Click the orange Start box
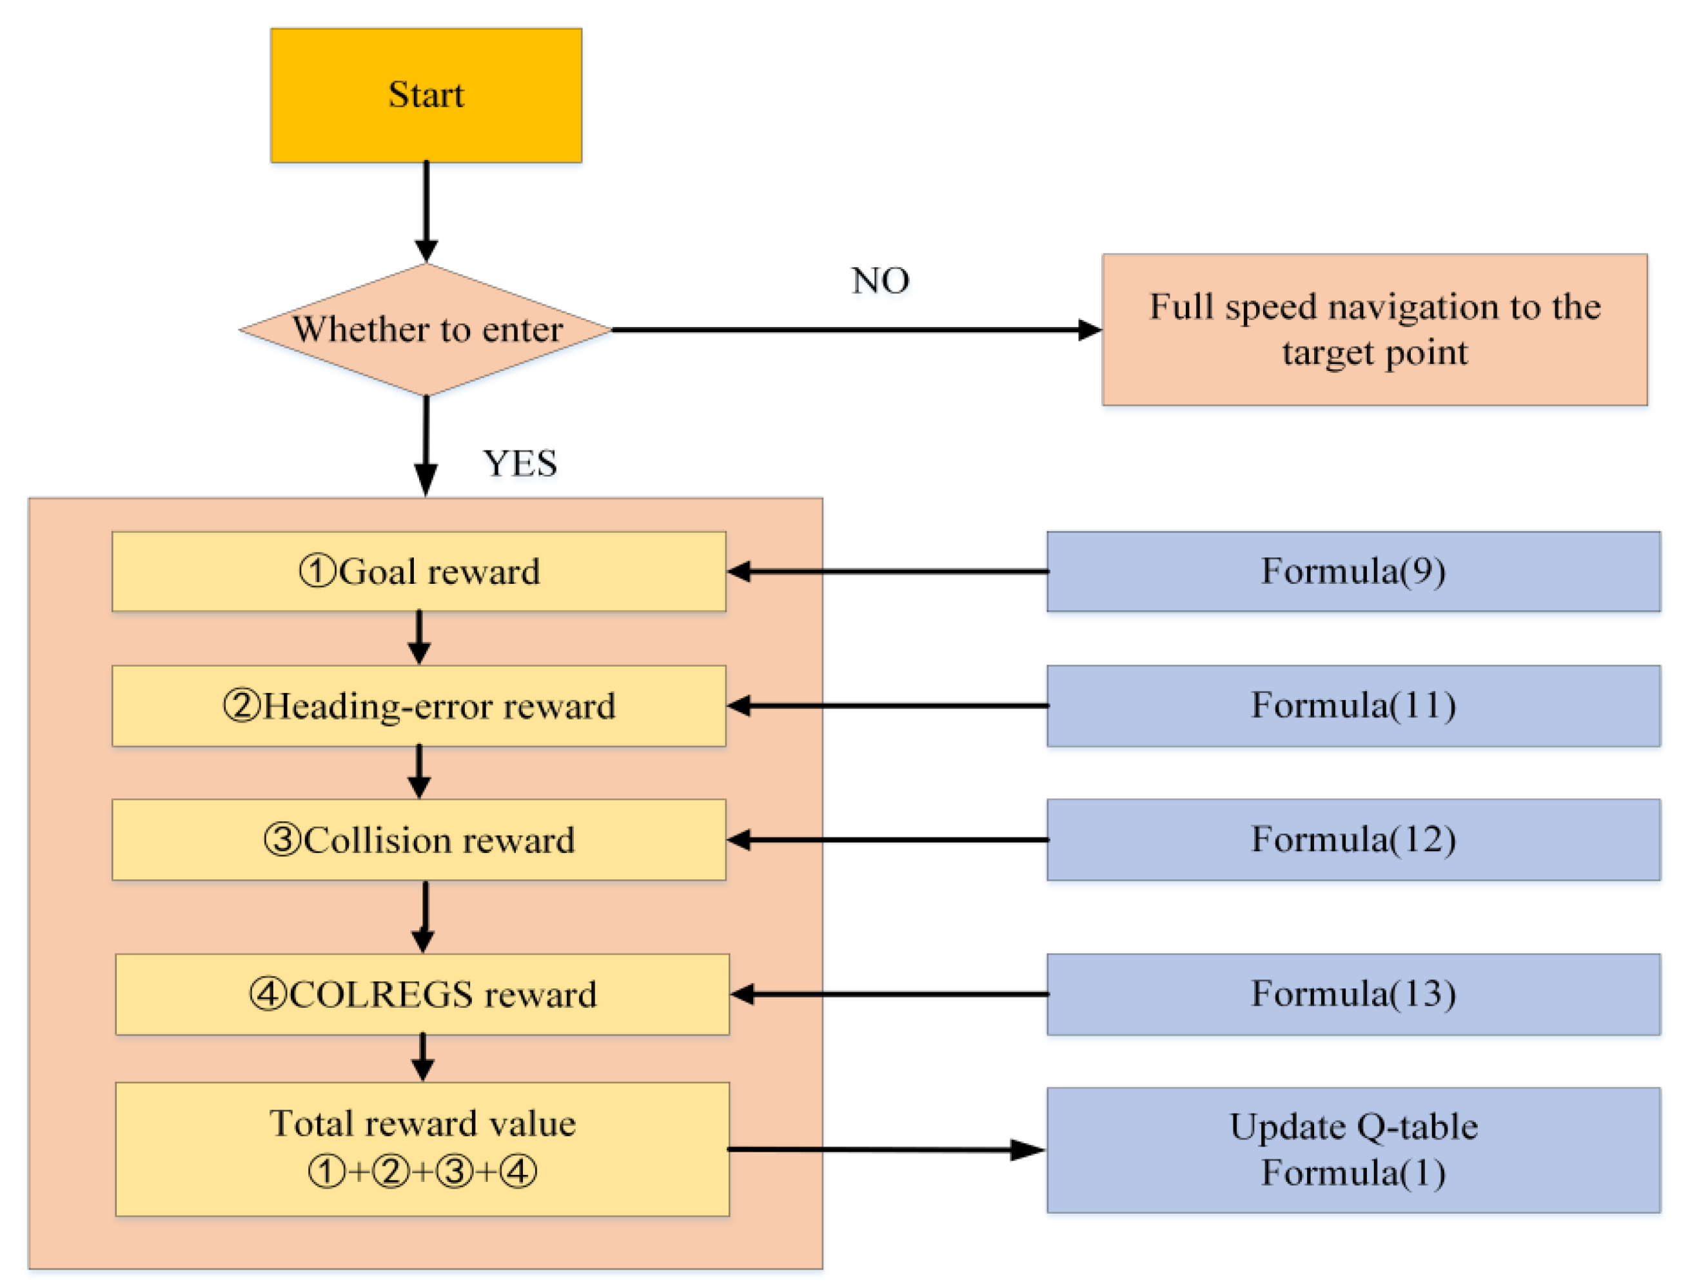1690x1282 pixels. click(x=426, y=95)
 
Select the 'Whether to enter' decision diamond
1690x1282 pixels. click(x=426, y=330)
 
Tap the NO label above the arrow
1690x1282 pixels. click(x=880, y=281)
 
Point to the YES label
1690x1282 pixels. click(x=520, y=463)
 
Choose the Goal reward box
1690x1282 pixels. click(x=418, y=571)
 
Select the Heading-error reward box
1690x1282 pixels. click(x=418, y=706)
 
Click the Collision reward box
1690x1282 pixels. click(x=418, y=839)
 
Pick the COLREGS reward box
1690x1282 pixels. click(x=422, y=994)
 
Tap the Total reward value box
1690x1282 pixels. click(x=422, y=1148)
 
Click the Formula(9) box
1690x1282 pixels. click(x=1353, y=571)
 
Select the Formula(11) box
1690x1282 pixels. click(x=1353, y=706)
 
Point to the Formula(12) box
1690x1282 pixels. click(x=1353, y=839)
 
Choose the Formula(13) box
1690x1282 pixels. click(x=1353, y=994)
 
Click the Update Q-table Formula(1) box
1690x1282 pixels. click(x=1353, y=1149)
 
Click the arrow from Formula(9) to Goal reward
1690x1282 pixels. click(x=886, y=571)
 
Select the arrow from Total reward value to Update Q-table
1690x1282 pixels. click(x=886, y=1149)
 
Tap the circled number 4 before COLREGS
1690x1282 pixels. click(x=268, y=994)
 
